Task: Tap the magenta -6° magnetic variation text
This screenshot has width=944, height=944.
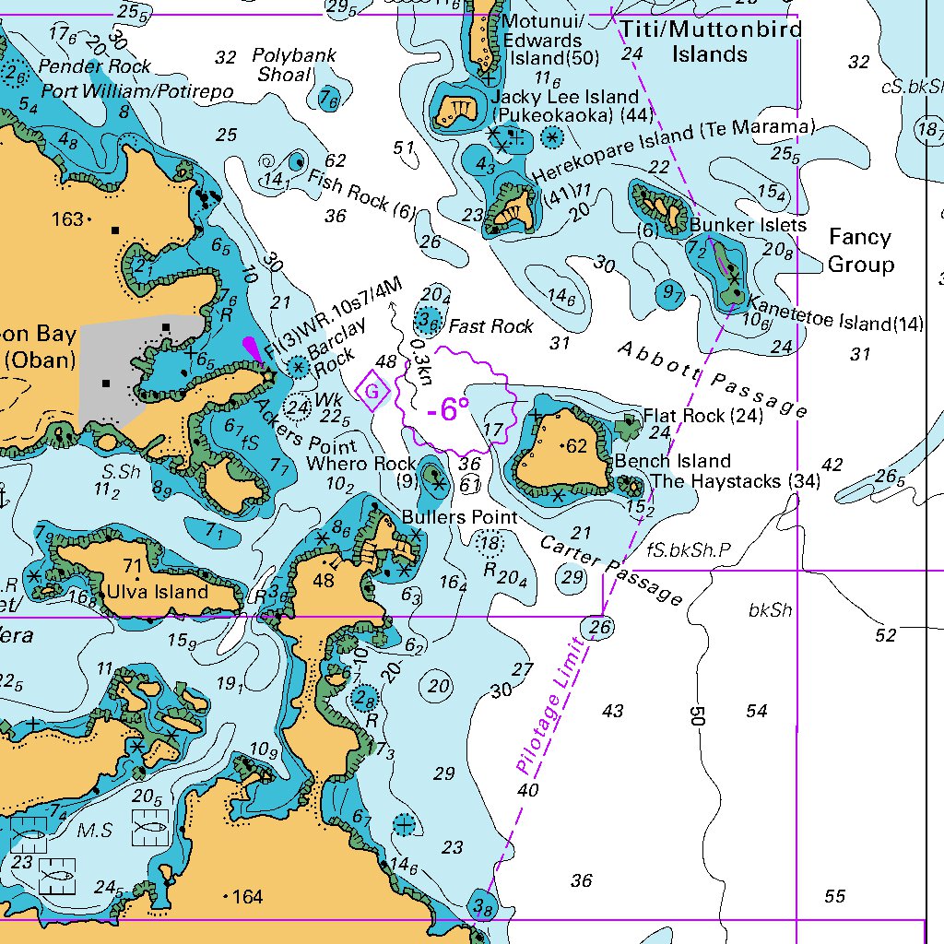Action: [448, 409]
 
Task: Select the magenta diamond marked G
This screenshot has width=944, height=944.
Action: [372, 393]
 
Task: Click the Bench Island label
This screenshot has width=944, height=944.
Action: [673, 461]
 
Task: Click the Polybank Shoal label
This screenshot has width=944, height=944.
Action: [295, 65]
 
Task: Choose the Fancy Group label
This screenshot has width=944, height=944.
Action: [860, 251]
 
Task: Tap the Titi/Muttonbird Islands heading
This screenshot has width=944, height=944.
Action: [709, 41]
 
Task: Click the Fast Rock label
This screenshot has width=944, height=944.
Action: [490, 326]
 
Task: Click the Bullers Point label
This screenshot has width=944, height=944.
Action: [459, 517]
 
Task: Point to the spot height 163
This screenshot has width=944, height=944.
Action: [68, 219]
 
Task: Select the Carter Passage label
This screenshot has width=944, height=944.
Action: [612, 570]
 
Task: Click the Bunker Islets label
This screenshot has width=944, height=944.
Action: [748, 225]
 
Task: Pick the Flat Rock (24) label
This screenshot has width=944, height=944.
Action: [703, 417]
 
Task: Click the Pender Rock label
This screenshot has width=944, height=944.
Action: [94, 66]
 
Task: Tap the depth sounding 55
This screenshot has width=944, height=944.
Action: [834, 896]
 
